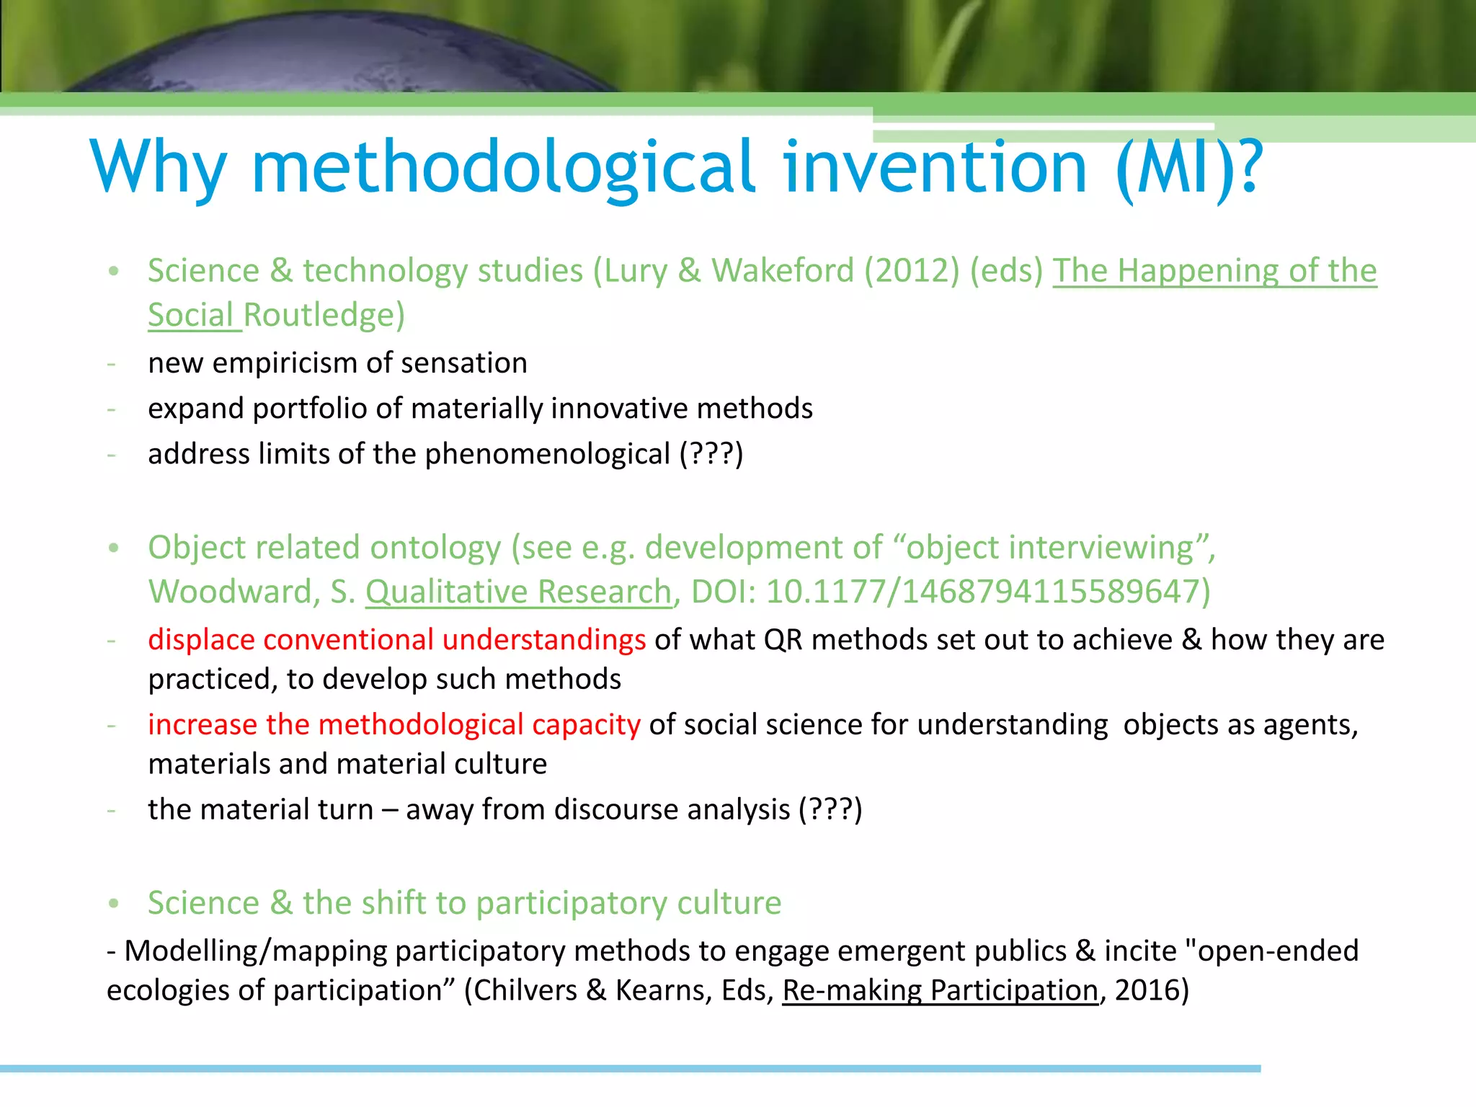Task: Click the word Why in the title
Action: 159,167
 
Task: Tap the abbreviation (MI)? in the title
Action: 1189,167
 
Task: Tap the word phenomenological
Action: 548,454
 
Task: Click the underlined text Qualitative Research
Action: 518,592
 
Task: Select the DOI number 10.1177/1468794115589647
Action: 987,592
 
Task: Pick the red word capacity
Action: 585,724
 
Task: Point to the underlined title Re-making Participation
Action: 940,990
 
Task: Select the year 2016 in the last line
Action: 1145,990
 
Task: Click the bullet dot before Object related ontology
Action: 113,548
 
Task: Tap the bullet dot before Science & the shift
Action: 113,904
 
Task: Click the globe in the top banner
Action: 339,54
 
